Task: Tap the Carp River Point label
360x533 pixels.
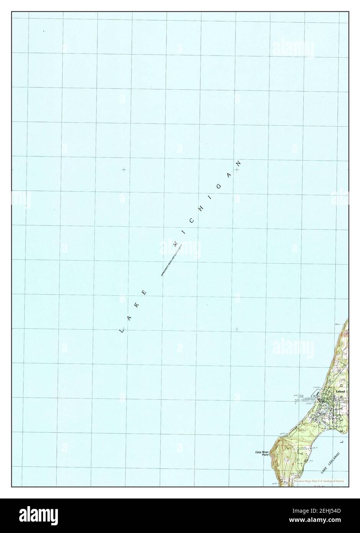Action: click(x=263, y=454)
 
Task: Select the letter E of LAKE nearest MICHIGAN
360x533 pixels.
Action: click(x=145, y=293)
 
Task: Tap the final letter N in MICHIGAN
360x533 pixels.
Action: click(x=238, y=163)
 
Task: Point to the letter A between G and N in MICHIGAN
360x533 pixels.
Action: click(x=230, y=175)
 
